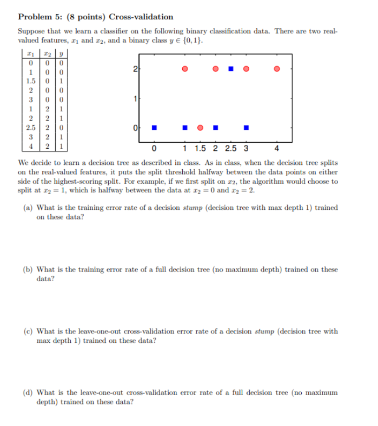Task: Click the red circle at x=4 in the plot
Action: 277,69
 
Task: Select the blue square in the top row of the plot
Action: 231,69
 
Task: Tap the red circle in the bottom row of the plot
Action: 200,128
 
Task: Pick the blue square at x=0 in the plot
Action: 154,128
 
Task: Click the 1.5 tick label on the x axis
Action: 200,149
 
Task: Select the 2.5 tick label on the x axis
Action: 230,149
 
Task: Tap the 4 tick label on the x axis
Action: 277,149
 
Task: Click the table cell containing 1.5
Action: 31,81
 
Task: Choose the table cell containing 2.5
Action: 31,128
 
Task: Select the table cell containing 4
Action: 31,146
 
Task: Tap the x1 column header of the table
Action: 31,54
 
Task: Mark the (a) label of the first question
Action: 27,208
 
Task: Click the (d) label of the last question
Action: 27,392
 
